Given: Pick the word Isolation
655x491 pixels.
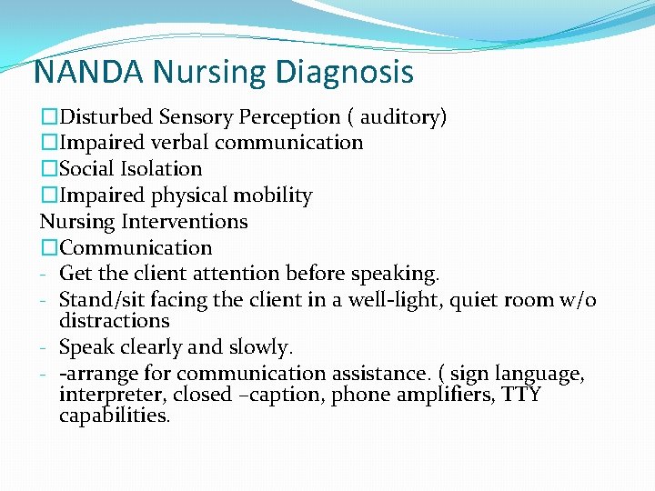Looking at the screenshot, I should tap(163, 169).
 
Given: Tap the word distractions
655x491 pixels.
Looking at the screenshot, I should tap(114, 320).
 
